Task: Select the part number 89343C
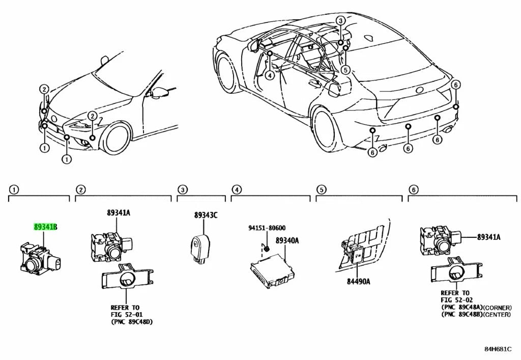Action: [x=206, y=215]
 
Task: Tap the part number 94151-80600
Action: [x=267, y=229]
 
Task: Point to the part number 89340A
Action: [x=287, y=240]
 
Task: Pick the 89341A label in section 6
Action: [x=488, y=237]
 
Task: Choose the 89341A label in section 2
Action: [x=118, y=213]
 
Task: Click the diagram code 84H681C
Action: [x=498, y=349]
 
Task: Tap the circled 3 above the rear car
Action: [x=340, y=21]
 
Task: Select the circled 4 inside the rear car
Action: [x=270, y=75]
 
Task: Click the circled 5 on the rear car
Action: [x=345, y=70]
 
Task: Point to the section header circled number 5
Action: [x=321, y=190]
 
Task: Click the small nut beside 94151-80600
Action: [x=266, y=248]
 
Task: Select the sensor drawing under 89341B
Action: [x=39, y=258]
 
